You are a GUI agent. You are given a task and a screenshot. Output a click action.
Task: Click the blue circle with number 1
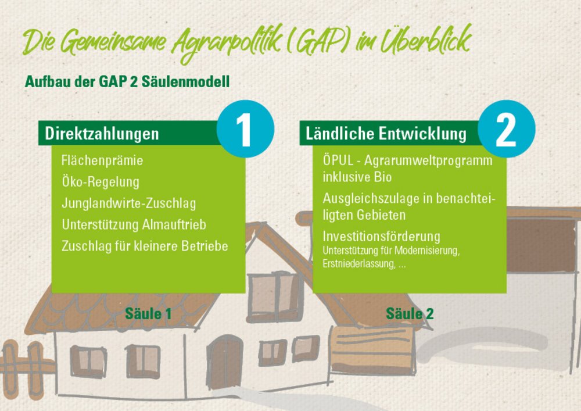(245, 129)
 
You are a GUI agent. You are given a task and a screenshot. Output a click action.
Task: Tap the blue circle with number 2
(506, 129)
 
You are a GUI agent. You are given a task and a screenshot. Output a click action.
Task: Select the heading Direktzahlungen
(102, 134)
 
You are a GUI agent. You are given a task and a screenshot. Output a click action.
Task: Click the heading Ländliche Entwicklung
(386, 134)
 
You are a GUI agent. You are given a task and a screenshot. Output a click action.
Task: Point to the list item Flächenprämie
(102, 160)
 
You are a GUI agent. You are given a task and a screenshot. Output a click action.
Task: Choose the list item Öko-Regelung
(101, 182)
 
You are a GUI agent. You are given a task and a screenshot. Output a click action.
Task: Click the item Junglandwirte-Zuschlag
(128, 203)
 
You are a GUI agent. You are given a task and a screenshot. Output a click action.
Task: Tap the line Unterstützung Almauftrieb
(134, 224)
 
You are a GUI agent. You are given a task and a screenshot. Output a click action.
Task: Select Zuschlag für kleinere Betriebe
(145, 246)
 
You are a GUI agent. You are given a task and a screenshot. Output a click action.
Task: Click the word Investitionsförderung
(381, 237)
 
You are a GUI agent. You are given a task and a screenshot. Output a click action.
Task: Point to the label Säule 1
(148, 314)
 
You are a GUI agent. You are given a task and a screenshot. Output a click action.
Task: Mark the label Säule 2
(410, 314)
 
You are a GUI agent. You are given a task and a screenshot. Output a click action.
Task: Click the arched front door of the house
(224, 361)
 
